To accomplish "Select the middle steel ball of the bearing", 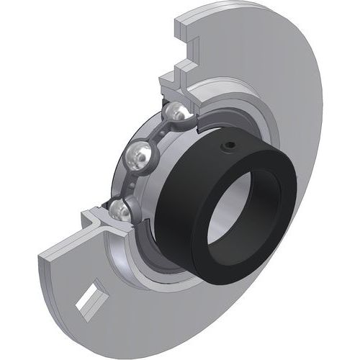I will click(139, 154).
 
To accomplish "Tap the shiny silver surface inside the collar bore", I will click(216, 223).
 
